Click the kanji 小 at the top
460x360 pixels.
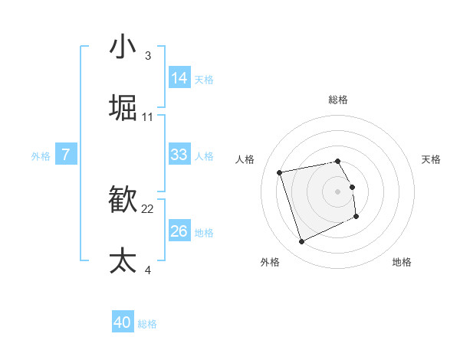click(x=123, y=48)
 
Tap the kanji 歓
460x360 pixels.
click(x=123, y=201)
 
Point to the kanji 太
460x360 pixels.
click(x=123, y=260)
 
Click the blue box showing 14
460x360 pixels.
click(x=179, y=78)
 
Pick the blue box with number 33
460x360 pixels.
click(x=179, y=155)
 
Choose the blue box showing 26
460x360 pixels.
click(x=179, y=231)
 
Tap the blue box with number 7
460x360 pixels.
click(x=66, y=155)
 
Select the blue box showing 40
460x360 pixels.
click(x=123, y=322)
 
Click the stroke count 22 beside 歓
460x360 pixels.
click(x=148, y=208)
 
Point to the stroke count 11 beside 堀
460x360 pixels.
click(x=148, y=116)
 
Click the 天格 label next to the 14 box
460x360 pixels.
click(x=204, y=80)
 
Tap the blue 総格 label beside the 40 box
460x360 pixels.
click(x=147, y=324)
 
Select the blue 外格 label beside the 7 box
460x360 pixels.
click(x=41, y=156)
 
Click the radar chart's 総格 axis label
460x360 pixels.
click(x=338, y=100)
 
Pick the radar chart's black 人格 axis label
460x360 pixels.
click(x=245, y=159)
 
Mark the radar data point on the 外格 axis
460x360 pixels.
click(x=301, y=242)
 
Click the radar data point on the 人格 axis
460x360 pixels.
click(x=280, y=172)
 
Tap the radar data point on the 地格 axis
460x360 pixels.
click(x=356, y=217)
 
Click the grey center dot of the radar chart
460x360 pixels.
click(x=338, y=191)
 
